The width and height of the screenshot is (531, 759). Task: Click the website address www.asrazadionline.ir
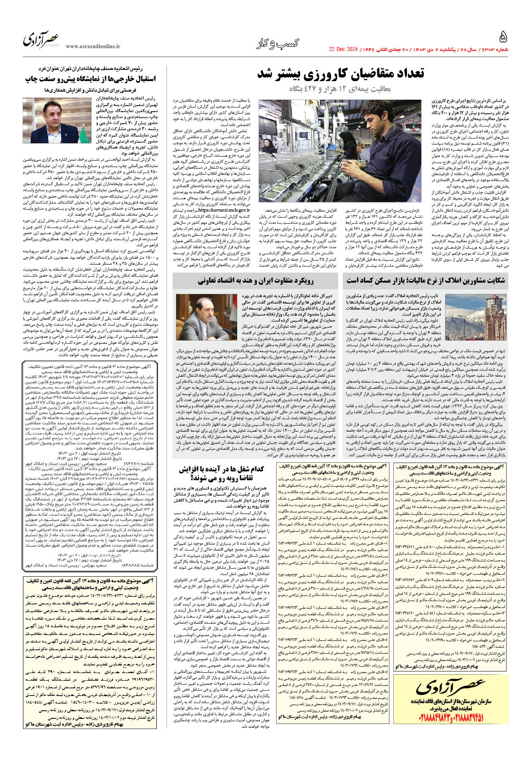(93, 46)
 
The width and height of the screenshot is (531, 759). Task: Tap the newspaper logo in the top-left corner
(41, 39)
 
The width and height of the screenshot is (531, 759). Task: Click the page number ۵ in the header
(503, 37)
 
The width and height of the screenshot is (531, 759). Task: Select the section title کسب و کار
(278, 44)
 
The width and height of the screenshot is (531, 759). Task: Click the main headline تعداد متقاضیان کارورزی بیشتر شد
(340, 73)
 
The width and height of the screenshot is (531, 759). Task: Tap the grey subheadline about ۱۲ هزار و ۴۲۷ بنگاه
(341, 89)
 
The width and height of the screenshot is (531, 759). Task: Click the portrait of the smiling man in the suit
(57, 120)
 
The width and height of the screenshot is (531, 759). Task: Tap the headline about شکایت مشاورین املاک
(425, 280)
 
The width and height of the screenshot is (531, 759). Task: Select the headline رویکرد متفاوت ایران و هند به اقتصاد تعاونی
(255, 280)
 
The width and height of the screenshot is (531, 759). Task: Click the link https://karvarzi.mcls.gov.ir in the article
(224, 210)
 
